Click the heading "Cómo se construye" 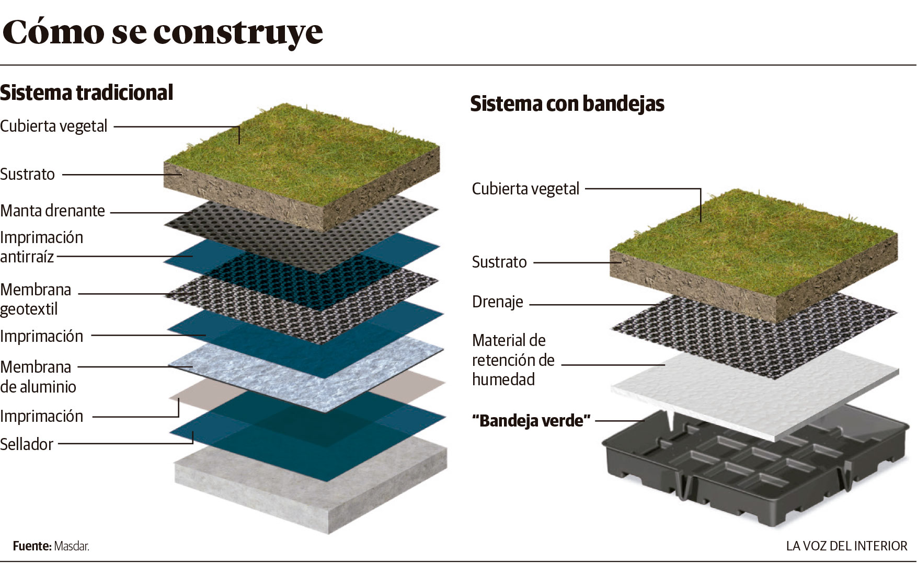163,32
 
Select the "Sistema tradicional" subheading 86,93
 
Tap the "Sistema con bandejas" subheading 567,103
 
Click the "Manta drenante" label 53,211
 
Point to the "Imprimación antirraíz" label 41,247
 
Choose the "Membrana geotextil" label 36,299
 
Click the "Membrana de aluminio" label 38,376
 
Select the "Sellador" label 27,444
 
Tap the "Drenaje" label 497,302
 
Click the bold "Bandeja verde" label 531,421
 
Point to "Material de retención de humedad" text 513,360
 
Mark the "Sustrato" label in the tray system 499,262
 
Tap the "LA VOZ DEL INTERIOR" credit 846,546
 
